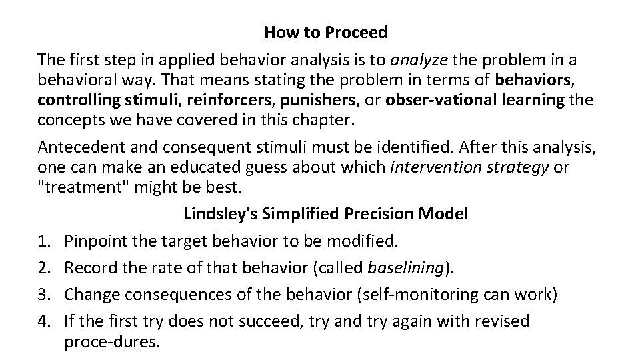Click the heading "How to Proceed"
click(x=326, y=31)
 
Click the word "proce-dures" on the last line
click(x=111, y=342)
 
